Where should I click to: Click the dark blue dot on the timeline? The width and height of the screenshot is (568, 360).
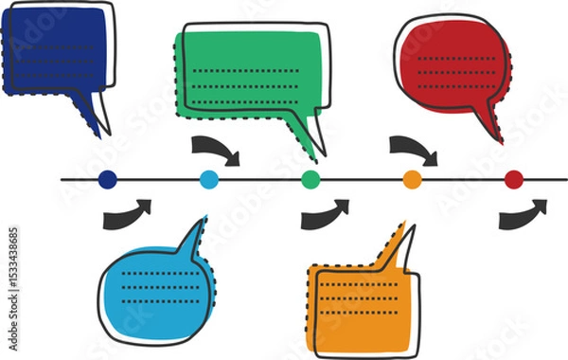coord(107,178)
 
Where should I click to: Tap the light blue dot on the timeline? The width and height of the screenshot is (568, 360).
coord(209,178)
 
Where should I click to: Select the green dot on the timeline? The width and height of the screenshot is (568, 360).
coord(311,178)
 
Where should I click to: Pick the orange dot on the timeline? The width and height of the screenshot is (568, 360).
coord(412,178)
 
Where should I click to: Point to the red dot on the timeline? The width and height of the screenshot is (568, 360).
coord(514,178)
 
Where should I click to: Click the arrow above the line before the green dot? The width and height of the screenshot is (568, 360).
coord(216,148)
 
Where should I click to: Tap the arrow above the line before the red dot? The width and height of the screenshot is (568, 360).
coord(414,148)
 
